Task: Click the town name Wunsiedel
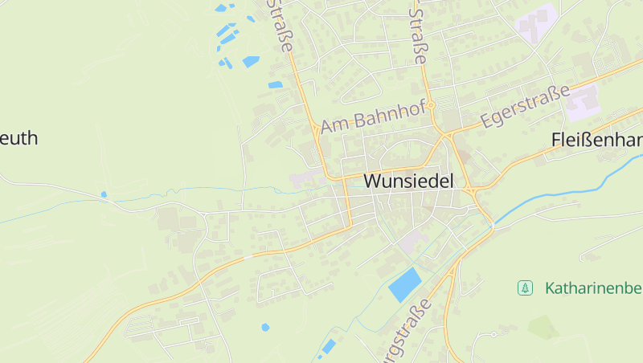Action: coord(408,181)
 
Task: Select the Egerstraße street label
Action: coord(526,106)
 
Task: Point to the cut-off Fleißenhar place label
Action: coord(597,140)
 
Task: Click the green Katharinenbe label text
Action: coord(593,288)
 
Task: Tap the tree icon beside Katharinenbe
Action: coord(525,288)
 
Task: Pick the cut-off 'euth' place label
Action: coord(18,138)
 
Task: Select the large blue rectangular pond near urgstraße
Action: coord(404,284)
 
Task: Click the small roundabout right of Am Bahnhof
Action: coord(431,105)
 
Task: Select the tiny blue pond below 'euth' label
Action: coord(104,194)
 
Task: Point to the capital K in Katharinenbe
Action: coord(550,288)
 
